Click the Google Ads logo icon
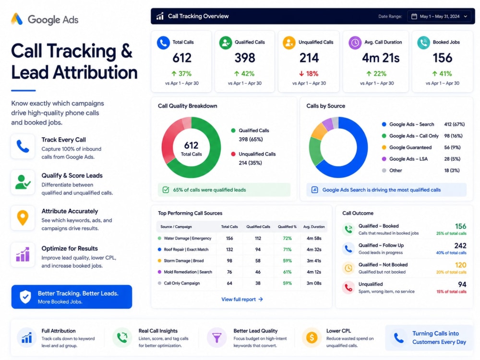[x=17, y=19]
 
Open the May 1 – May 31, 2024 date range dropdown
[x=439, y=16]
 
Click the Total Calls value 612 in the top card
[x=182, y=58]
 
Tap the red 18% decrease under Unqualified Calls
[x=309, y=73]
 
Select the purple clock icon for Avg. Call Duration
[x=355, y=43]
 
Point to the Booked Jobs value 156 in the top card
[x=443, y=58]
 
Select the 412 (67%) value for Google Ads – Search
[x=454, y=124]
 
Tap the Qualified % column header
[x=287, y=227]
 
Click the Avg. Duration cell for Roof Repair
[x=314, y=250]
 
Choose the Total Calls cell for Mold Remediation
[x=229, y=272]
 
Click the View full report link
[x=242, y=300]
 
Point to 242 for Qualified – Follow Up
[x=460, y=245]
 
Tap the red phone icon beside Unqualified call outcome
[x=348, y=288]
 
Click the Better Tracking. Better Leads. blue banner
[x=72, y=297]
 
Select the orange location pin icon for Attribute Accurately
[x=23, y=218]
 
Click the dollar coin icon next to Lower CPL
[x=312, y=337]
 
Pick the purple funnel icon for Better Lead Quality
[x=217, y=337]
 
